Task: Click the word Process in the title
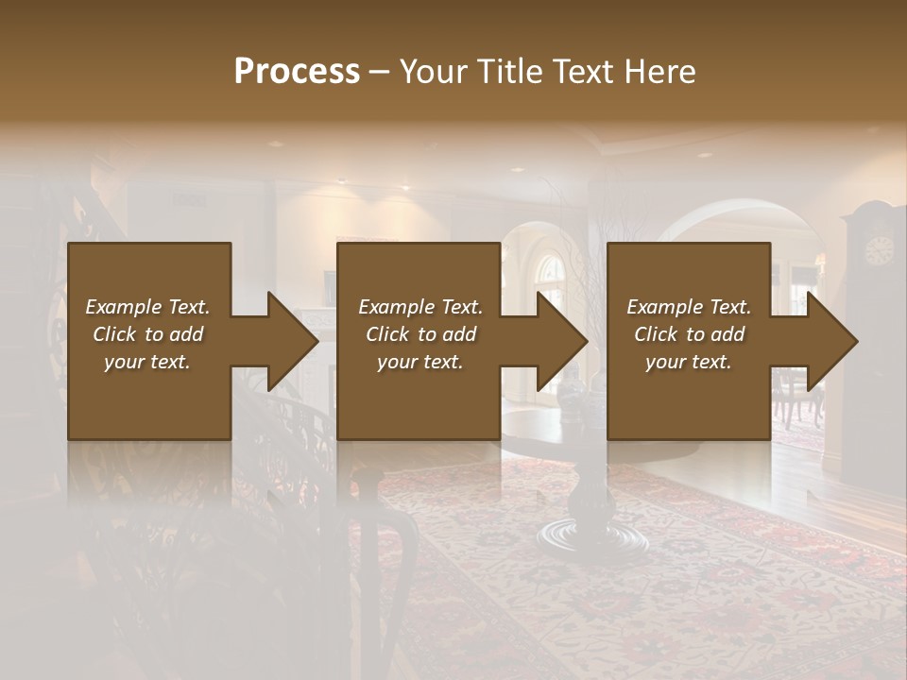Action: click(x=297, y=72)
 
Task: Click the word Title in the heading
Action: click(x=510, y=72)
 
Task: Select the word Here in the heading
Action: click(x=659, y=72)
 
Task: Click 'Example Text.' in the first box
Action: click(x=147, y=307)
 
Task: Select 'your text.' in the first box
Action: click(x=147, y=362)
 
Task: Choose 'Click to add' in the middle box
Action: click(x=420, y=334)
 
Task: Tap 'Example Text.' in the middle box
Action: click(x=420, y=307)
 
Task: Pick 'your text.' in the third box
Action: click(x=689, y=362)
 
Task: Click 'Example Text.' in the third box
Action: click(x=689, y=307)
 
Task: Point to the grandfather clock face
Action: click(x=879, y=249)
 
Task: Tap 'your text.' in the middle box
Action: click(x=420, y=362)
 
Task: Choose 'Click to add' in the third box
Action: click(x=689, y=334)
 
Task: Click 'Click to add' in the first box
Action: click(x=147, y=334)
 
